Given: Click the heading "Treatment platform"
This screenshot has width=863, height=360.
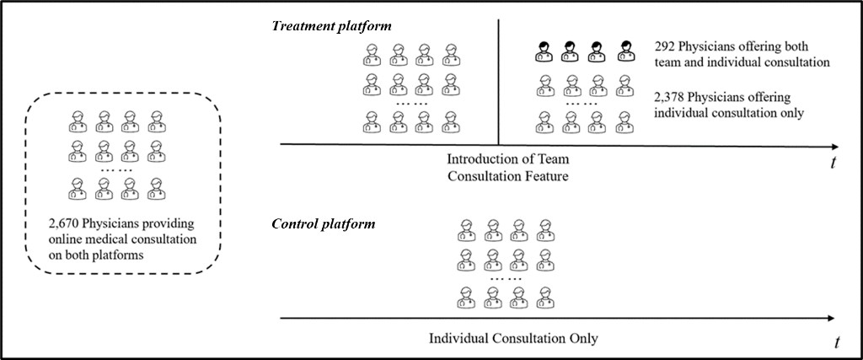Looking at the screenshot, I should (x=332, y=25).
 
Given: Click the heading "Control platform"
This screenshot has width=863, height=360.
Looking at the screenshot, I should (x=324, y=224).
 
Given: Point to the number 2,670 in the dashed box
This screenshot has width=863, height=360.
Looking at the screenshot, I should (x=65, y=224).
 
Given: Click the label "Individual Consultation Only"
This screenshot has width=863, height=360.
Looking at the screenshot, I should (x=513, y=338).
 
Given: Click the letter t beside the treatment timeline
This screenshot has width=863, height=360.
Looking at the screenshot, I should (x=833, y=164).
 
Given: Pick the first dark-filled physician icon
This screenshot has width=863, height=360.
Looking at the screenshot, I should (x=546, y=50).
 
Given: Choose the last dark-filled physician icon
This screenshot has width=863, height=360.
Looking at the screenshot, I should (x=624, y=50).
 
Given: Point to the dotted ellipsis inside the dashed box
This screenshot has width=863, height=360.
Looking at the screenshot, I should (x=115, y=169).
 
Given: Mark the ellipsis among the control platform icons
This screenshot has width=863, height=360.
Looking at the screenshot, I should (x=506, y=277).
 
